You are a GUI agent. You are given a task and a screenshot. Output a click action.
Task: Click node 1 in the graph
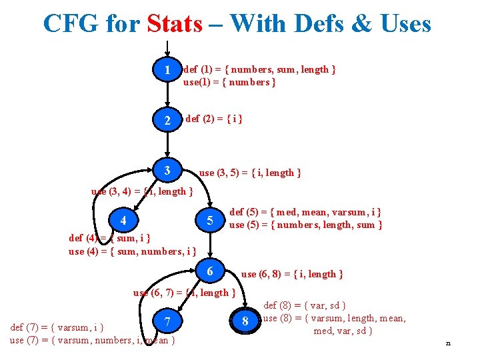coord(168,70)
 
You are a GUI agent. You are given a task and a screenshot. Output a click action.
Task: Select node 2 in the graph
coord(168,121)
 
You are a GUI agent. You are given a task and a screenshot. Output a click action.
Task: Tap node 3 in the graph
coord(167,171)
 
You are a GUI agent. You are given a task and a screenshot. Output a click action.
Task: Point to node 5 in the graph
coord(209,220)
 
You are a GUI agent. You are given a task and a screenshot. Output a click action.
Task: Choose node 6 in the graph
coord(209,271)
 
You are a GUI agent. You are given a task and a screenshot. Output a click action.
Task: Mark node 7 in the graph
coord(168,322)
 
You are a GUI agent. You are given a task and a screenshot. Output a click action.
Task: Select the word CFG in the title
coord(71,24)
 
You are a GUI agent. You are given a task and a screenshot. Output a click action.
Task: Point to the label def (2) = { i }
coord(213,119)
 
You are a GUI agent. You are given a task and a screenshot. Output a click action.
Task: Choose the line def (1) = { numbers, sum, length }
coord(259,69)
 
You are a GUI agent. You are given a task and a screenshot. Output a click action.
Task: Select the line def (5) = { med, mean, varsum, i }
coord(305,212)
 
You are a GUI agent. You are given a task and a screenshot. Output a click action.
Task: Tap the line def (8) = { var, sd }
coord(305,305)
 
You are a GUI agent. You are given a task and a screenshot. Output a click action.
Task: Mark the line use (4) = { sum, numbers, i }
coord(132,251)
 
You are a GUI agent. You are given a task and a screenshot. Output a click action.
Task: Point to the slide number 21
coord(448,343)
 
